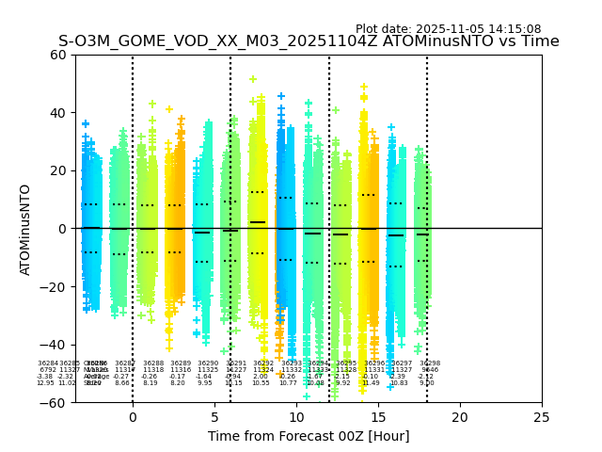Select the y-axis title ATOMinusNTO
click(26, 229)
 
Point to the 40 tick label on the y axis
click(59, 113)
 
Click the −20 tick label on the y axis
click(55, 286)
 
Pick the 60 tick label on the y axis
click(59, 55)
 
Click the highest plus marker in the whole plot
click(253, 79)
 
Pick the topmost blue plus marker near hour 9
click(280, 96)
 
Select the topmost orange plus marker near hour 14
click(364, 87)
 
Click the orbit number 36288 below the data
click(153, 363)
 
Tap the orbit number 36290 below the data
click(208, 363)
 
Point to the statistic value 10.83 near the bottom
click(399, 383)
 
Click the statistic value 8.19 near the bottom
click(150, 383)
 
